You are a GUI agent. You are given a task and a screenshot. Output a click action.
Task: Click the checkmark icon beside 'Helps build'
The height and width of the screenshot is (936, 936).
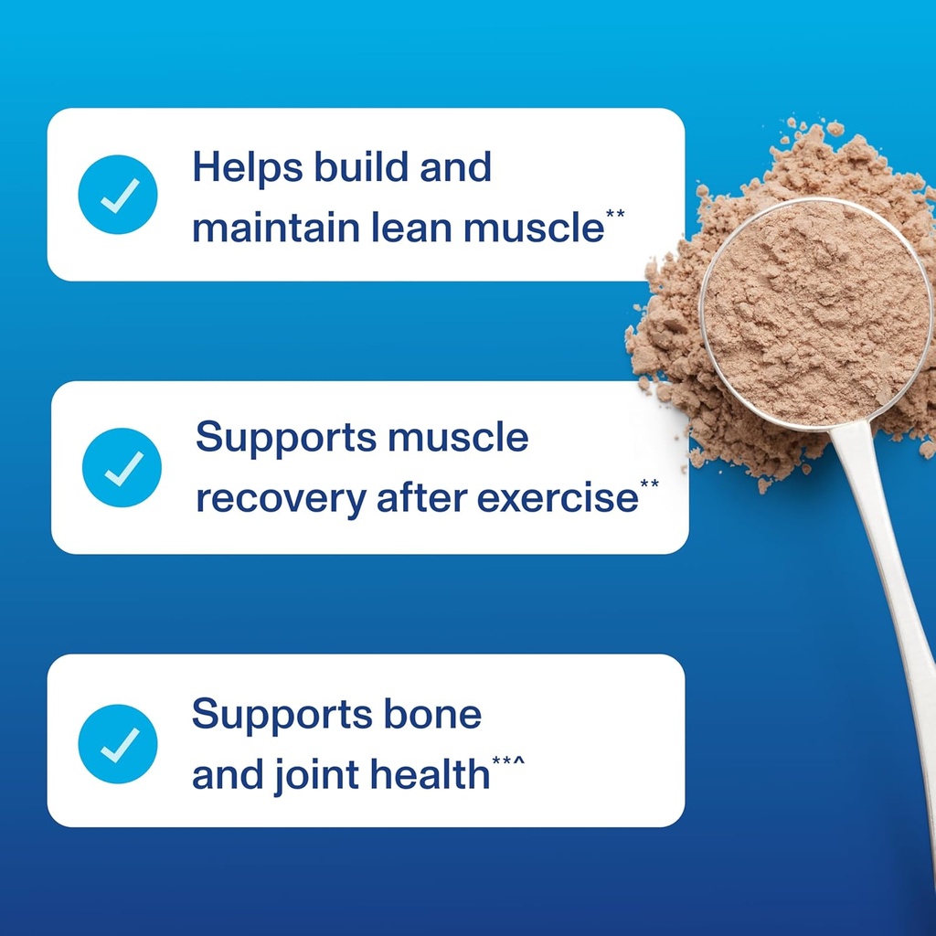point(118,195)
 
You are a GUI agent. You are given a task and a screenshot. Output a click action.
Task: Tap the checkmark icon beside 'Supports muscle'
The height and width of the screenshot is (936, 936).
point(122,467)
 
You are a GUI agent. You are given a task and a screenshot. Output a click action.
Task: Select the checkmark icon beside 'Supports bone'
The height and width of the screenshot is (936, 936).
point(118,743)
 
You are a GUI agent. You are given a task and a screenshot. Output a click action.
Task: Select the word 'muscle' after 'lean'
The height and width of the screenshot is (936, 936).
point(533,229)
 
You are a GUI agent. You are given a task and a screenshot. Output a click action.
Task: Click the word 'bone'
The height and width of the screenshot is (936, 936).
point(431,714)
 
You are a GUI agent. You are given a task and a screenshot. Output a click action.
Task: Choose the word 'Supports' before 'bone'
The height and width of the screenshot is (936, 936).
point(279,714)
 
